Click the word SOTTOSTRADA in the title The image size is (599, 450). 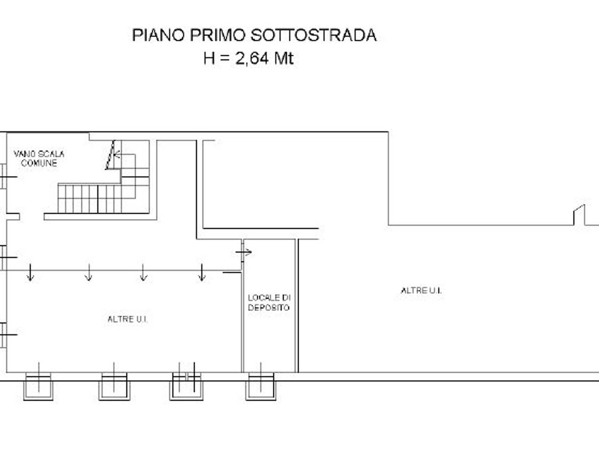314,36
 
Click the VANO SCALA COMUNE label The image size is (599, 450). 39,158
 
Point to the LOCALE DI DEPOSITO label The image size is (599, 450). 269,302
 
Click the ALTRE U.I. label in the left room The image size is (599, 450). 128,319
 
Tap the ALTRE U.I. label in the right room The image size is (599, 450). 421,291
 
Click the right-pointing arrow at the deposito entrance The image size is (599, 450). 244,253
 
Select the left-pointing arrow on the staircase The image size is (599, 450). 117,154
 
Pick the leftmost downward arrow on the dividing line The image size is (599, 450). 30,273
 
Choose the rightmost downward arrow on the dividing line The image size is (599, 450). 202,273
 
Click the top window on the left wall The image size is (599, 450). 6,177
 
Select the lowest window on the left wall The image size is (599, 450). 6,335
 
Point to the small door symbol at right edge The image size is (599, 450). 580,215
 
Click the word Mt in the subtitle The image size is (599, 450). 284,59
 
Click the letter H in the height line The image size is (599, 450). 209,59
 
